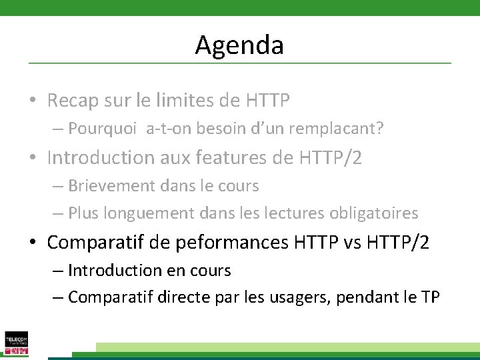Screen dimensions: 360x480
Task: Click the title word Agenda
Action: coord(239,45)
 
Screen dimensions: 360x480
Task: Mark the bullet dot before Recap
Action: coord(33,101)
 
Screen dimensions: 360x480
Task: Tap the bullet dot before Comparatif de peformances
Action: coord(33,243)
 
